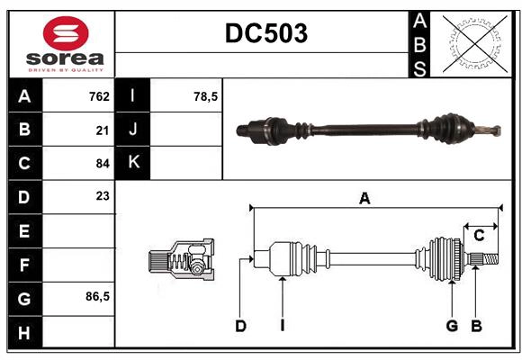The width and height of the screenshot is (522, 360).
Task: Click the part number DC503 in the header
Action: tap(265, 33)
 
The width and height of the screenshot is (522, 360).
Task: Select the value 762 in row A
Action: tap(99, 96)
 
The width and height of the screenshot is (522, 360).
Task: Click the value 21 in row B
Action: tap(102, 130)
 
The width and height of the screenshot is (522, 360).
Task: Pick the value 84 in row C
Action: tap(102, 163)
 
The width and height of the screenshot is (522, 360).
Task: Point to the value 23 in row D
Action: tap(102, 195)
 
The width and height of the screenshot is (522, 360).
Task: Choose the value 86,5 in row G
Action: tap(97, 296)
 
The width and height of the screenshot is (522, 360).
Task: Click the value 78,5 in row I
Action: tap(206, 96)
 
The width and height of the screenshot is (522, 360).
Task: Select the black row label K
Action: tap(133, 163)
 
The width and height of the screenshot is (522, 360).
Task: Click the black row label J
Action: tap(133, 130)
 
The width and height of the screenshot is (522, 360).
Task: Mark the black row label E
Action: tap(24, 230)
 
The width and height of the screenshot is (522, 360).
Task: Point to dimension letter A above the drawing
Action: tap(364, 199)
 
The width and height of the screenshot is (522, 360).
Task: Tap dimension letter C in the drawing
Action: tap(479, 236)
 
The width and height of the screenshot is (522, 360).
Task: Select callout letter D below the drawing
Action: tap(240, 326)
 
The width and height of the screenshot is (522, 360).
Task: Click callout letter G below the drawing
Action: tap(452, 326)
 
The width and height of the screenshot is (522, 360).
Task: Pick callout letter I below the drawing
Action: tap(282, 326)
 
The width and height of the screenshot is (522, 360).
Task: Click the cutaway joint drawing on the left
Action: tap(181, 261)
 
